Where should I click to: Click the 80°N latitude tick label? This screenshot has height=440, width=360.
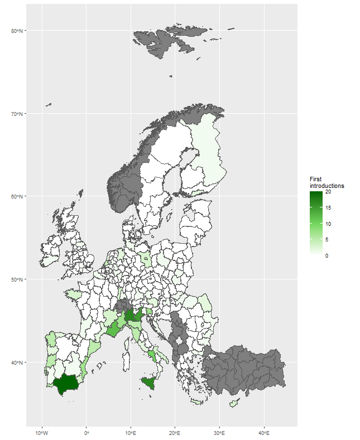click(x=17, y=31)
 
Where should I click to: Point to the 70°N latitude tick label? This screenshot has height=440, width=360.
click(x=17, y=114)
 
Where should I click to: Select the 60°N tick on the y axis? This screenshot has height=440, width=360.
click(x=17, y=196)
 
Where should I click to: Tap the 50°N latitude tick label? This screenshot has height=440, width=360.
click(x=17, y=279)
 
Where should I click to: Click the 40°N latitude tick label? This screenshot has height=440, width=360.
click(x=17, y=362)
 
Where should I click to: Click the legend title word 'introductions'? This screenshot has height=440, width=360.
click(x=327, y=186)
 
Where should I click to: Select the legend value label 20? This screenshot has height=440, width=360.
click(x=328, y=192)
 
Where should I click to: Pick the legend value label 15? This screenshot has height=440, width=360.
click(x=328, y=208)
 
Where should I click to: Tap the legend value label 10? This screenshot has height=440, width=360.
click(x=328, y=224)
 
